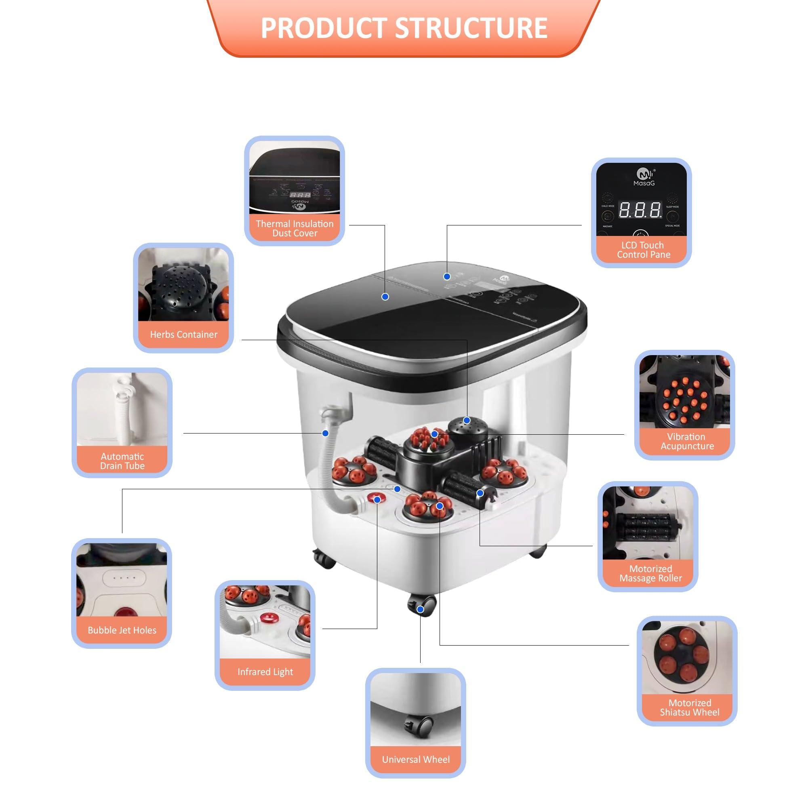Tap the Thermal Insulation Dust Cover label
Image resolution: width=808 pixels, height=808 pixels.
[295, 228]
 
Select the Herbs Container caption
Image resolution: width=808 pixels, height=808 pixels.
[183, 334]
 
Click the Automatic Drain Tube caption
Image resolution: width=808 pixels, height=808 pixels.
[122, 461]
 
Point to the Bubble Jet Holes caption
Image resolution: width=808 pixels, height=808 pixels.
[122, 630]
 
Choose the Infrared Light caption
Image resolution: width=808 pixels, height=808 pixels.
[265, 672]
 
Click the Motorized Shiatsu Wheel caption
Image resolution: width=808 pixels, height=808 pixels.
[690, 708]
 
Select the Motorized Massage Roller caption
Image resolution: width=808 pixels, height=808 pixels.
[650, 573]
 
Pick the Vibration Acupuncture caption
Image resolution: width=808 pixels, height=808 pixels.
[686, 441]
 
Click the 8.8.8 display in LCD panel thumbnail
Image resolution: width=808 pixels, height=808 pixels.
[640, 210]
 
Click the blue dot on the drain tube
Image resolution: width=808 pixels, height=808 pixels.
[325, 433]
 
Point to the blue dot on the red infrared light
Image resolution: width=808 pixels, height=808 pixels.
[377, 500]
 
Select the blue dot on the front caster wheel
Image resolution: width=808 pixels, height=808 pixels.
[421, 610]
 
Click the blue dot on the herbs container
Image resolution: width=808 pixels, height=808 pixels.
[467, 420]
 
